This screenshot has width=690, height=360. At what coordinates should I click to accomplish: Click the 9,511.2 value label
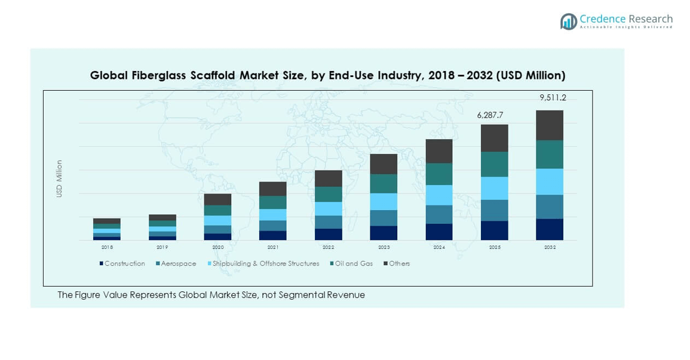549,98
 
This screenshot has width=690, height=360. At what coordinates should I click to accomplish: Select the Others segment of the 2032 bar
549,125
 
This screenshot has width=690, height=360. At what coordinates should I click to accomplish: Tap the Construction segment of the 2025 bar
494,230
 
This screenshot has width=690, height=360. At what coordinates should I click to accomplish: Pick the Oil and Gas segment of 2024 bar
438,174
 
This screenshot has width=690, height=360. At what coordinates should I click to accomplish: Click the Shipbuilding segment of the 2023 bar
384,201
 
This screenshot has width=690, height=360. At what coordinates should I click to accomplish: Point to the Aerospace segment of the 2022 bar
328,222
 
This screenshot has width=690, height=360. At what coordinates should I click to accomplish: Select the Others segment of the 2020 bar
217,199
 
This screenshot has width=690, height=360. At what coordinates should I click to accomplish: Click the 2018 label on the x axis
107,247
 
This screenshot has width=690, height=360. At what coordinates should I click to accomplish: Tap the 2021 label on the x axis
273,247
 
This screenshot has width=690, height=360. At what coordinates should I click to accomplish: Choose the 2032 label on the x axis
550,247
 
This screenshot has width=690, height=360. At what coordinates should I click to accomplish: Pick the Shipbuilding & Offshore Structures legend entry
263,263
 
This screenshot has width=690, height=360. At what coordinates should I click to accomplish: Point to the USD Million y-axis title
59,179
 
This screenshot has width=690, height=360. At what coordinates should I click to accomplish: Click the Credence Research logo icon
568,21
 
